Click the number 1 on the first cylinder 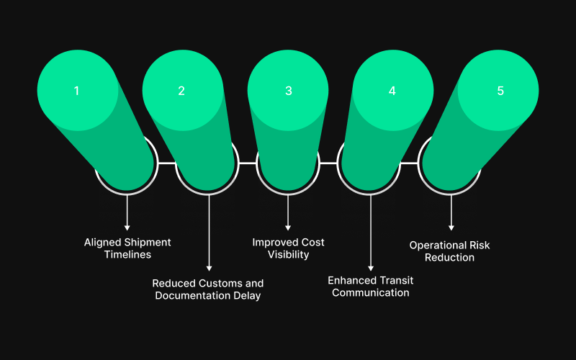click(x=76, y=91)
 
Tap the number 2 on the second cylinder click(x=181, y=91)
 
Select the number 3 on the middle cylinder click(x=288, y=91)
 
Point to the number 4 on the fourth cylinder click(x=392, y=91)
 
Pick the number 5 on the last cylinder click(x=500, y=91)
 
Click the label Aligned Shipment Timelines click(x=127, y=248)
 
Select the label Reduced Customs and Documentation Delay click(x=208, y=289)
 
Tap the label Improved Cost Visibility click(x=288, y=248)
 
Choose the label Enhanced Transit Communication click(x=370, y=286)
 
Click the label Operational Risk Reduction click(x=450, y=251)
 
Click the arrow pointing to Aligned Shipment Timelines click(x=127, y=212)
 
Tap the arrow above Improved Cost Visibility click(x=288, y=212)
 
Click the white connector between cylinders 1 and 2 click(x=166, y=163)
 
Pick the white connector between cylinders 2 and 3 click(x=247, y=163)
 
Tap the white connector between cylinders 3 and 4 click(x=328, y=163)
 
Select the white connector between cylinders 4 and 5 click(x=409, y=163)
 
